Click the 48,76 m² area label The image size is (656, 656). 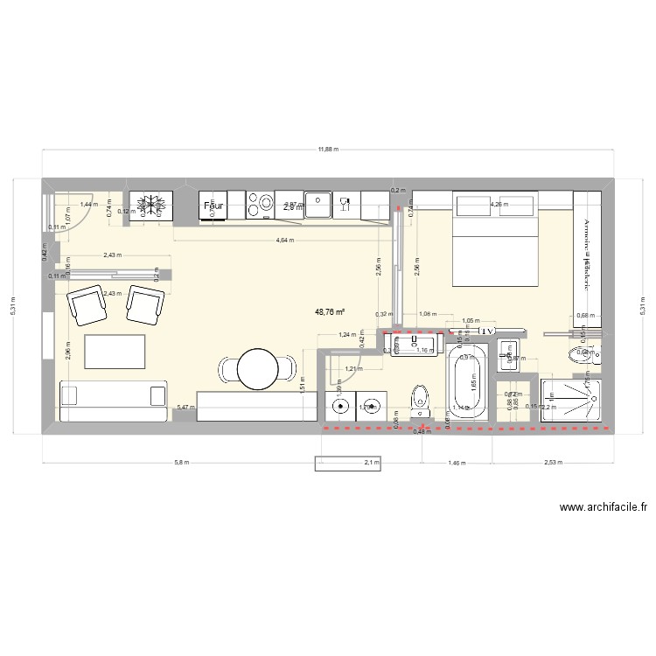[x=330, y=311]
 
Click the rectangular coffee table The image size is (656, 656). [x=115, y=351]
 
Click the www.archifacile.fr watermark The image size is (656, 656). [x=603, y=506]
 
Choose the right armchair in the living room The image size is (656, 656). [x=145, y=303]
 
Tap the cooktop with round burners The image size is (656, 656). [x=261, y=206]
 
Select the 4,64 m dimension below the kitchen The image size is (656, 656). [x=283, y=240]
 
